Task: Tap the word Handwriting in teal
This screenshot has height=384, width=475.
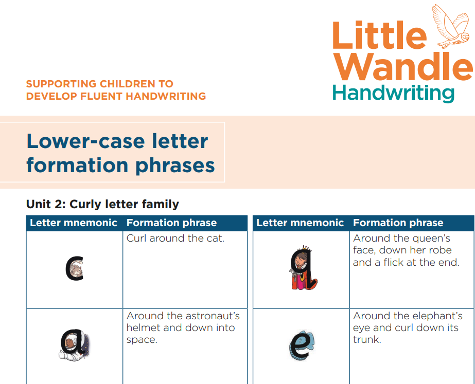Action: coord(394,93)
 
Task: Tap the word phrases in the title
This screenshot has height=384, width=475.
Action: coord(175,166)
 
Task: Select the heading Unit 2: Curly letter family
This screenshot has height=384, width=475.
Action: coord(102,204)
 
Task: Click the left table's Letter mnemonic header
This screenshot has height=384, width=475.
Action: coord(73,223)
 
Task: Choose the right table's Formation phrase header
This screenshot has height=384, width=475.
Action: coord(398,223)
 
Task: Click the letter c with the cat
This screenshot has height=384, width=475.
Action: coord(75,269)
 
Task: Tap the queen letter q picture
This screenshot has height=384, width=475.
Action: coord(304,267)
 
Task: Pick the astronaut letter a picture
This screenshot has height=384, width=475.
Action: coord(75,345)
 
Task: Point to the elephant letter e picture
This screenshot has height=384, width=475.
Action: coord(302,345)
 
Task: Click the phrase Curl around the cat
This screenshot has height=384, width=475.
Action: coord(175,239)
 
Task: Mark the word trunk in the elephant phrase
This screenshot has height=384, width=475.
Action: coord(366,339)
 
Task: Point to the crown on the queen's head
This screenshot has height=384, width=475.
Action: coord(307,248)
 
